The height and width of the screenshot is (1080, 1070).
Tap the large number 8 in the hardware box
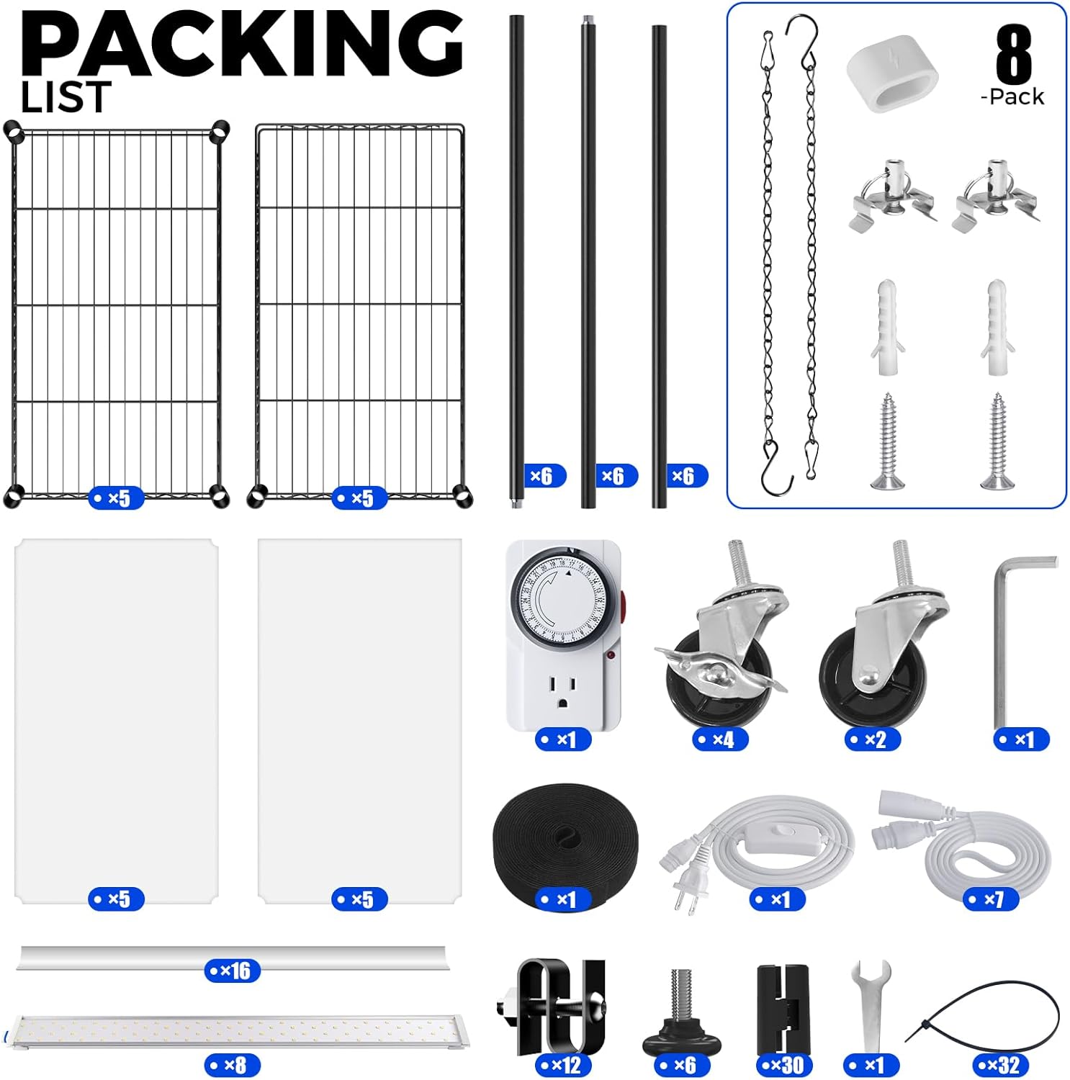[x=1014, y=56]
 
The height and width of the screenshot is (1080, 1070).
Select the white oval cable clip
[x=892, y=78]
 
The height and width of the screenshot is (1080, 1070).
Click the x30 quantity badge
[x=784, y=1065]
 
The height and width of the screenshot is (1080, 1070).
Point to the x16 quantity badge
[x=232, y=971]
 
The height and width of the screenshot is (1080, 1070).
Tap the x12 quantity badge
[x=564, y=1065]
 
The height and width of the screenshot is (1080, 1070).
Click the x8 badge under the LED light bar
[x=232, y=1065]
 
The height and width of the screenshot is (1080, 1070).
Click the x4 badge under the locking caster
[x=719, y=739]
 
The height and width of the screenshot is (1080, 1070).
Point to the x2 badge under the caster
[x=871, y=739]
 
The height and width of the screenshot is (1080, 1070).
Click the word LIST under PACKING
[x=66, y=98]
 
